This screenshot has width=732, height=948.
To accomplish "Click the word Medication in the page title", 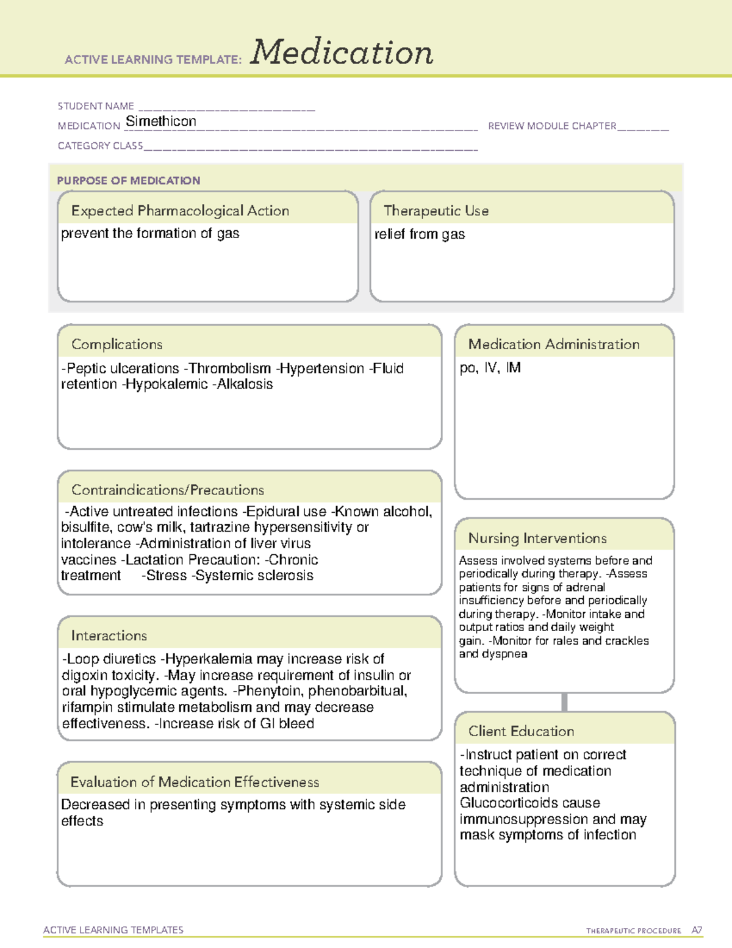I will point(342,52).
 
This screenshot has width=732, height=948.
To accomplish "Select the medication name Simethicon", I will point(161,121).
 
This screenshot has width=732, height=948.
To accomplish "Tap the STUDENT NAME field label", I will point(96,106).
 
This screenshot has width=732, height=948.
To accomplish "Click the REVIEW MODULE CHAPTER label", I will point(552,126).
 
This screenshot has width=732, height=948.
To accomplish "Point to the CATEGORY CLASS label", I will point(100,146).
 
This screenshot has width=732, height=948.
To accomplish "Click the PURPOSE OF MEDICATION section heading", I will point(129,181).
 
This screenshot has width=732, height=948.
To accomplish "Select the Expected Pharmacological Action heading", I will point(180,211).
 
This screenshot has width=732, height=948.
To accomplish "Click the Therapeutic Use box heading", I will point(436,211).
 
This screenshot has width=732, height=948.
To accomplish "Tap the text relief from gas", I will point(420,234).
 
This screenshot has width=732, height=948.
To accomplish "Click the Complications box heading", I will point(117,344).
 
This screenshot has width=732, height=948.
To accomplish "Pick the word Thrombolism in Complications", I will point(230,369).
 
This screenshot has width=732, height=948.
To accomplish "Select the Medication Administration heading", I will point(554,344).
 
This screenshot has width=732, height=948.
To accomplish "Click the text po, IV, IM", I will point(490,368).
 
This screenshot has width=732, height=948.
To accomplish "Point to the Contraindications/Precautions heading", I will point(168,490).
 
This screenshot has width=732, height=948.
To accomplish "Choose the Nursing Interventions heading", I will point(537,538).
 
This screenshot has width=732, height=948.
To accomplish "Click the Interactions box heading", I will point(109,636).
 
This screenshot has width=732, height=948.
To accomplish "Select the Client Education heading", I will point(521,731).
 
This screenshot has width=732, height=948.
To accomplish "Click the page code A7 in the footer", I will point(697,930).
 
